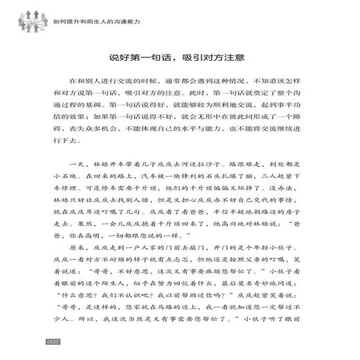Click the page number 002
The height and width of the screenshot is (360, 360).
click(x=55, y=341)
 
